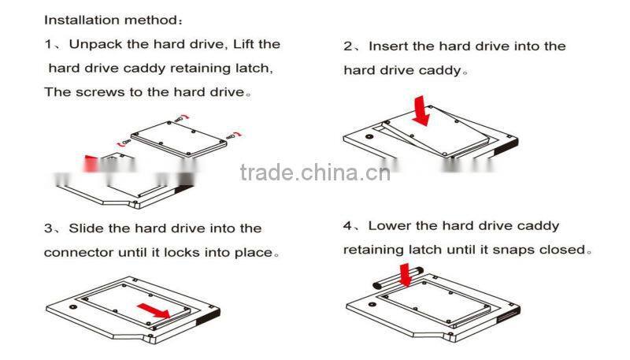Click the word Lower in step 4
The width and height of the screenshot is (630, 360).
tap(391, 226)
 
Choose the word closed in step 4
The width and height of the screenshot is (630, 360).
tap(564, 250)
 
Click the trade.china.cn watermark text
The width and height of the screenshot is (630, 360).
tap(315, 173)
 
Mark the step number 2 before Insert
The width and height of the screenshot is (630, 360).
tap(348, 46)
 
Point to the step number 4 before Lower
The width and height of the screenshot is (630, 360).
tap(348, 226)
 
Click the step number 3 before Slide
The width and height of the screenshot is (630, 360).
tap(48, 229)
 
